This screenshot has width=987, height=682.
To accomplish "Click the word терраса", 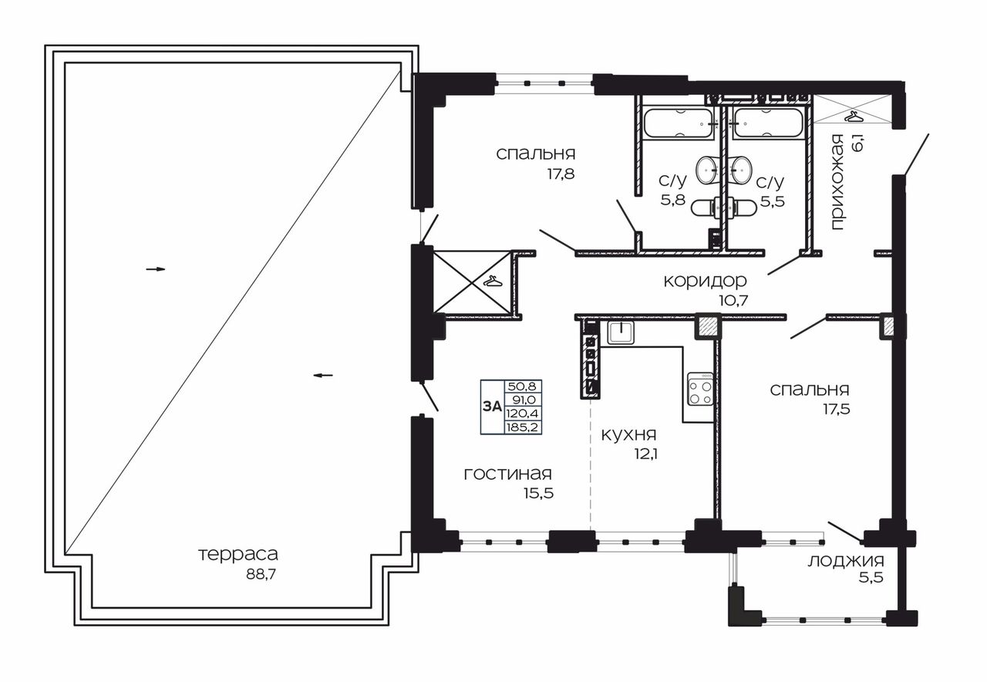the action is click(238, 555).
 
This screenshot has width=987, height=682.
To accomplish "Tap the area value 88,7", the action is click(261, 575).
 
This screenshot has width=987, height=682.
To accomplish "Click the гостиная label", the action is click(507, 474).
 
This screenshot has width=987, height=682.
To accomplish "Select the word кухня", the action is click(628, 434).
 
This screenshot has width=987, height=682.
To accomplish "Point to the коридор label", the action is click(705, 281).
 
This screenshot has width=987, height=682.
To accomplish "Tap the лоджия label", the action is click(846, 561).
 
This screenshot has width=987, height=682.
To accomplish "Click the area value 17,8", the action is click(561, 174).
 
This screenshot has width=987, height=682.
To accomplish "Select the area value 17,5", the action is click(837, 409).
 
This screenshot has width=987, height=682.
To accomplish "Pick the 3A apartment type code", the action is click(492, 407).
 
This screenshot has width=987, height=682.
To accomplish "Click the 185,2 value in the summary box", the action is click(524, 427).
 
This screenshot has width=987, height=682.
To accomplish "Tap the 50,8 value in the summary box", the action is click(523, 387).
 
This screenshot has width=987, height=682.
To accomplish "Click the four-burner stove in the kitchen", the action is click(701, 389).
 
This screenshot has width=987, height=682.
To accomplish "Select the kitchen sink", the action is click(621, 333).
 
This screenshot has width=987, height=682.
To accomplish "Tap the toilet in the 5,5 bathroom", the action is click(742, 208).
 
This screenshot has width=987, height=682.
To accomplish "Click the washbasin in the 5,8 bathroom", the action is click(709, 169).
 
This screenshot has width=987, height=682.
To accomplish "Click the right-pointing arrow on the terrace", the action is click(156, 269).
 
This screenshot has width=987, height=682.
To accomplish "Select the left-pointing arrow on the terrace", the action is click(323, 376).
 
